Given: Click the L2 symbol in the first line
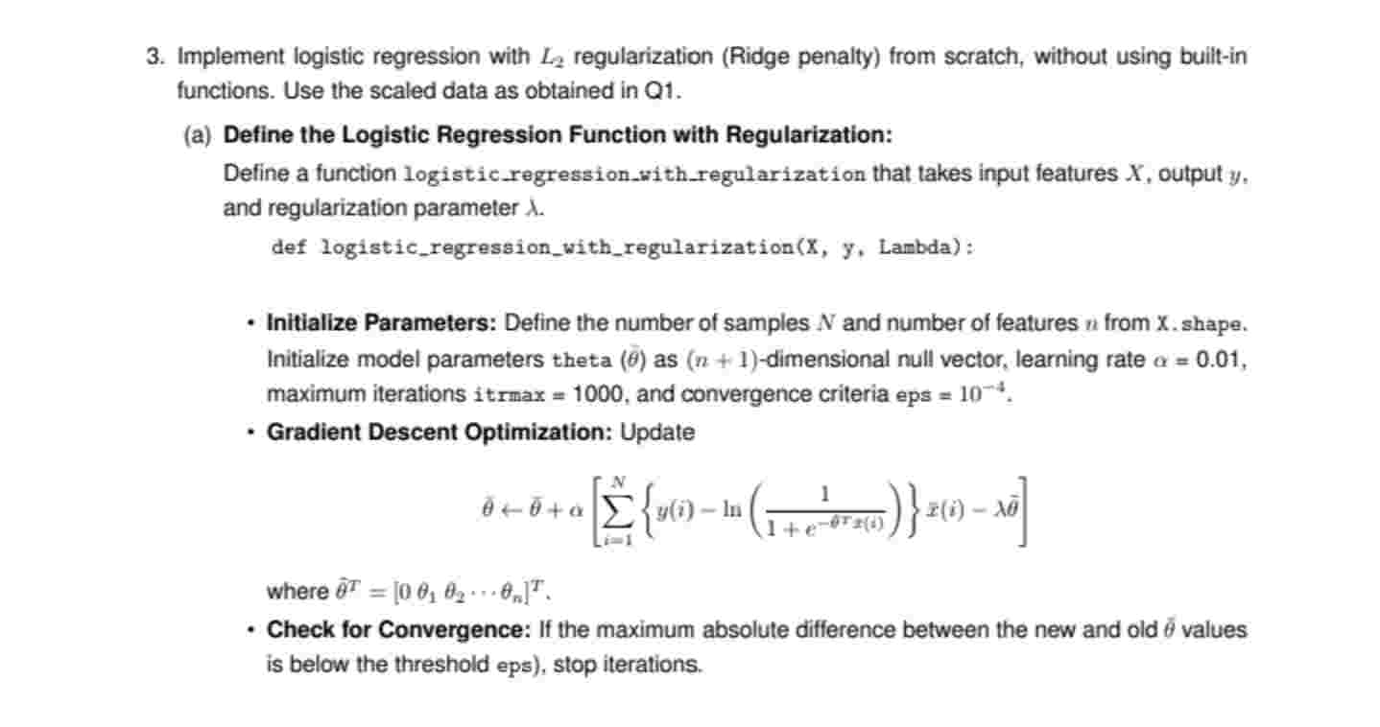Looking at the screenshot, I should click(550, 58).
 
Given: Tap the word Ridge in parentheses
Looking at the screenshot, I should click(757, 57).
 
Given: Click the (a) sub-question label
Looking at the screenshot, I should click(197, 135).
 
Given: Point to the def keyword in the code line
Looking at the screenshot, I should click(289, 247).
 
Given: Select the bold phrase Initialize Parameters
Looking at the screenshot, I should click(381, 323).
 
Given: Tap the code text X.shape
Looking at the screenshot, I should click(1200, 324).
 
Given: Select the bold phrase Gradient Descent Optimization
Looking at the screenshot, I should click(439, 433).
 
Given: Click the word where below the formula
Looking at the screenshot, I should click(297, 591).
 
